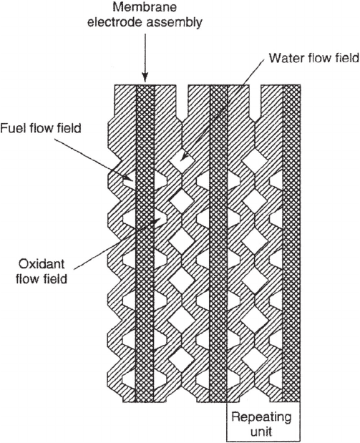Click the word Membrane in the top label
(145, 6)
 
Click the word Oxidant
(42, 263)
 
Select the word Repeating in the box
(261, 417)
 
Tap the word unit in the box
(261, 432)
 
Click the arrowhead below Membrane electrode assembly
(145, 77)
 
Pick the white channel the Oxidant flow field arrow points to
(160, 220)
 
